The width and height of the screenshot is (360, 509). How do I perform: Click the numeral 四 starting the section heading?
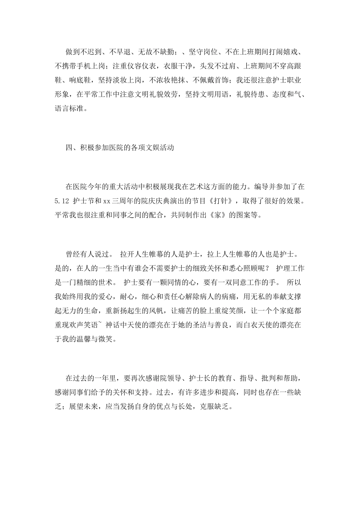click(69, 148)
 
